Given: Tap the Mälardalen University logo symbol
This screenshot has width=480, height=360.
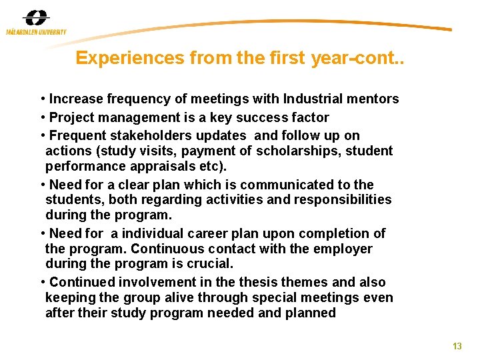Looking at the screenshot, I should click(x=35, y=19).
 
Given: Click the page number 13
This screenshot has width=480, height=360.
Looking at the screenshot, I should click(x=457, y=346).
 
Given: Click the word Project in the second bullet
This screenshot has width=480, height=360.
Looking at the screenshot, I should click(x=72, y=117).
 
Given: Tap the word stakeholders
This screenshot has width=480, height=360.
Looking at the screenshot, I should click(x=155, y=135).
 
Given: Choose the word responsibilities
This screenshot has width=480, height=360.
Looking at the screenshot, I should click(x=339, y=199).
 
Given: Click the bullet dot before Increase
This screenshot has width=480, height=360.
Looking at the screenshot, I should click(x=43, y=99).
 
